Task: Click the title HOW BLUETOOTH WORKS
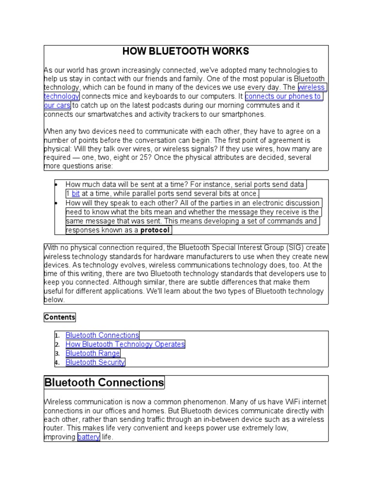[x=186, y=51]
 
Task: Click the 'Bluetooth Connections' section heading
[x=104, y=383]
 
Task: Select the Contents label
[x=60, y=317]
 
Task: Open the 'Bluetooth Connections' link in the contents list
[x=102, y=335]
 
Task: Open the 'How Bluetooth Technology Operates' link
[x=125, y=344]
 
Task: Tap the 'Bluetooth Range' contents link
[x=93, y=353]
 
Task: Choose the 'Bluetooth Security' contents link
[x=95, y=362]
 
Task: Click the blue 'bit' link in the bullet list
[x=76, y=194]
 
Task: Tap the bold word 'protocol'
[x=155, y=230]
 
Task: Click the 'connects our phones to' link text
[x=283, y=96]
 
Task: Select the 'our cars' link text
[x=57, y=106]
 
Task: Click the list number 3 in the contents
[x=57, y=354]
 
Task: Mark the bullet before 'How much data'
[x=57, y=185]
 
